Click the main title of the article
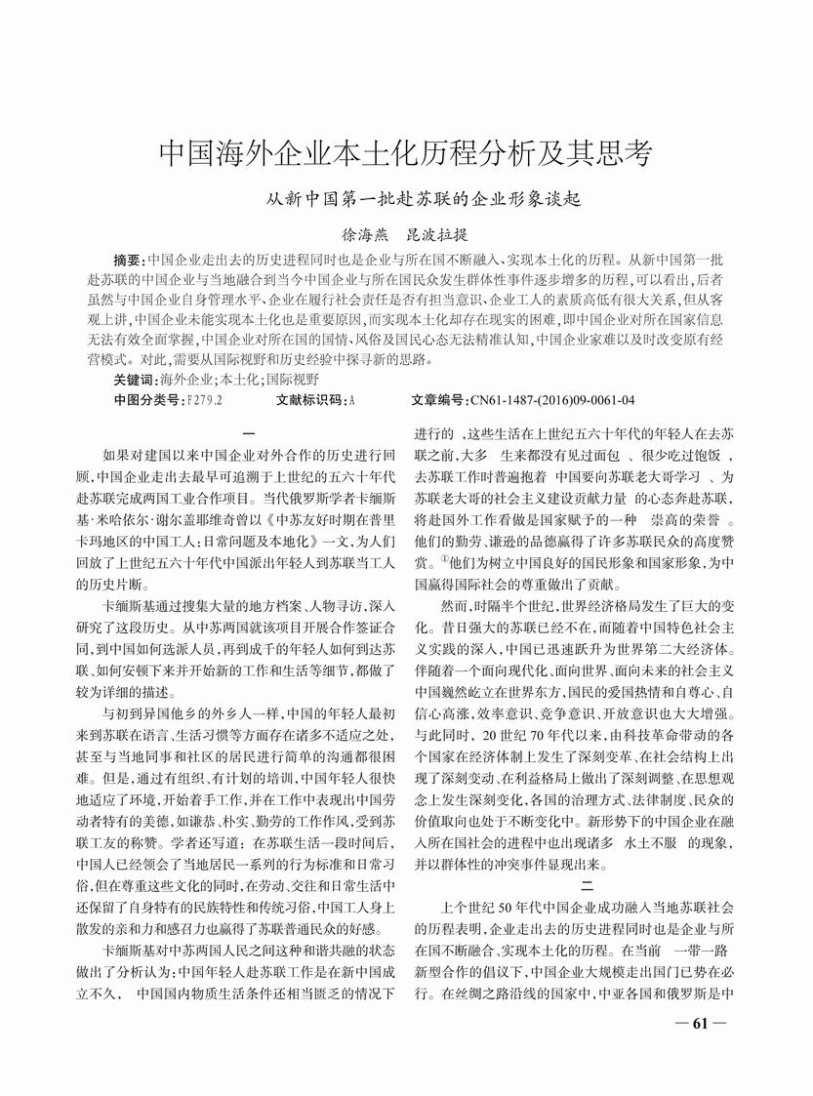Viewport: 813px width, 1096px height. coord(406,153)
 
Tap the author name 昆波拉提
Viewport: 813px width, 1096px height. coord(436,234)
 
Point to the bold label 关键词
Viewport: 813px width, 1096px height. coord(134,380)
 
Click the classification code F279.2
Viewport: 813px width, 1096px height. coord(204,400)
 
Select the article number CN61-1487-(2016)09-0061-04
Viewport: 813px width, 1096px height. coord(552,400)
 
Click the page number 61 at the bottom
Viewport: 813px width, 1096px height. coord(704,1051)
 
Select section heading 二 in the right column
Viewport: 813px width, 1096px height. coord(586,887)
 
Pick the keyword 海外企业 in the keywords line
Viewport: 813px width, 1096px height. coord(185,380)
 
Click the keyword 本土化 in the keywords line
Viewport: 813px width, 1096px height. coord(238,380)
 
